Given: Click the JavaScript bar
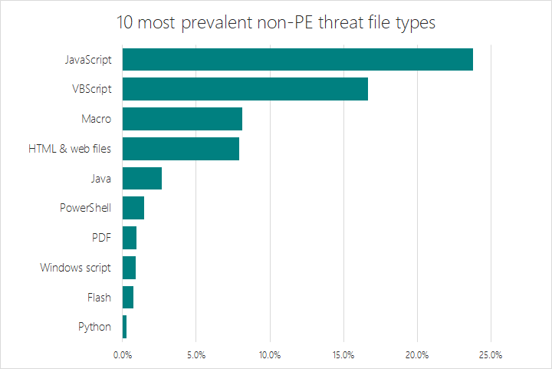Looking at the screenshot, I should (297, 59).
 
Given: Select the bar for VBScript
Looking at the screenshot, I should (245, 89).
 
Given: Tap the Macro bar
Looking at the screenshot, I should (182, 119).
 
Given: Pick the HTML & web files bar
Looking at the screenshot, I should (181, 149).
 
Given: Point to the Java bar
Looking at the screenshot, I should (142, 178).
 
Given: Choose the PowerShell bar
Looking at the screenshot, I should (133, 208).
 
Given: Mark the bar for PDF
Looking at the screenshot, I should (130, 238).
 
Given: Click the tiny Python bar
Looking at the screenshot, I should (125, 327).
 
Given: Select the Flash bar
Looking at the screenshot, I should (128, 297).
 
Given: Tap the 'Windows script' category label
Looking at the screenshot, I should (76, 268).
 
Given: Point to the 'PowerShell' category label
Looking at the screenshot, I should (85, 208).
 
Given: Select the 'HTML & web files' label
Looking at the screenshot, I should (70, 149).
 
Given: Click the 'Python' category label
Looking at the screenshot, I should (94, 327).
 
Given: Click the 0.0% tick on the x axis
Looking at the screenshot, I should (123, 354).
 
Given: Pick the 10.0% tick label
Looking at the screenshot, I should (270, 354).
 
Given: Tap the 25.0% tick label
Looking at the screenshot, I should (491, 354).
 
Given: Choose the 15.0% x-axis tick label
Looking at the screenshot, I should (343, 354).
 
